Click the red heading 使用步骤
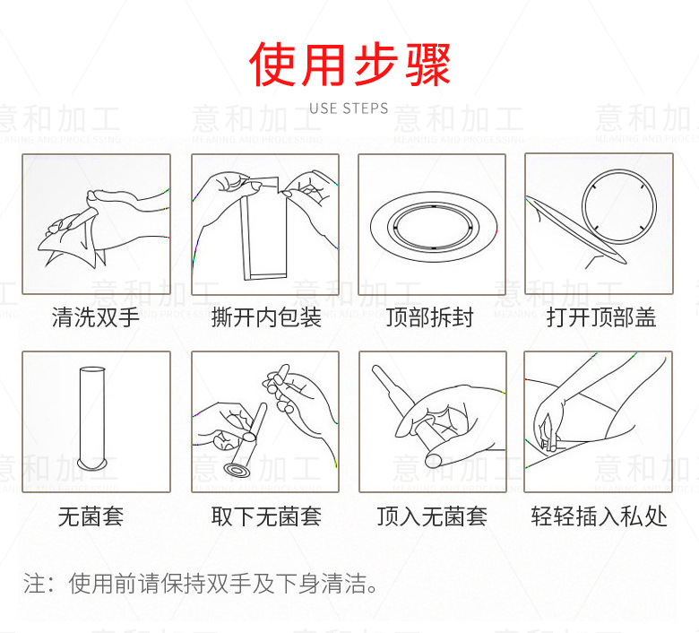(349, 64)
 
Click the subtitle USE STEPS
(349, 108)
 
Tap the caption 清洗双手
(96, 317)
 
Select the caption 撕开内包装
(266, 317)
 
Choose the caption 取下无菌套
(266, 516)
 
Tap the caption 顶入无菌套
(432, 516)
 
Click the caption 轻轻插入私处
(599, 516)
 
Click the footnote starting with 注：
(201, 585)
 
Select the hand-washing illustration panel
(96, 223)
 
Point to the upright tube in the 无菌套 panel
(90, 412)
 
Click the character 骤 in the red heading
(426, 64)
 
